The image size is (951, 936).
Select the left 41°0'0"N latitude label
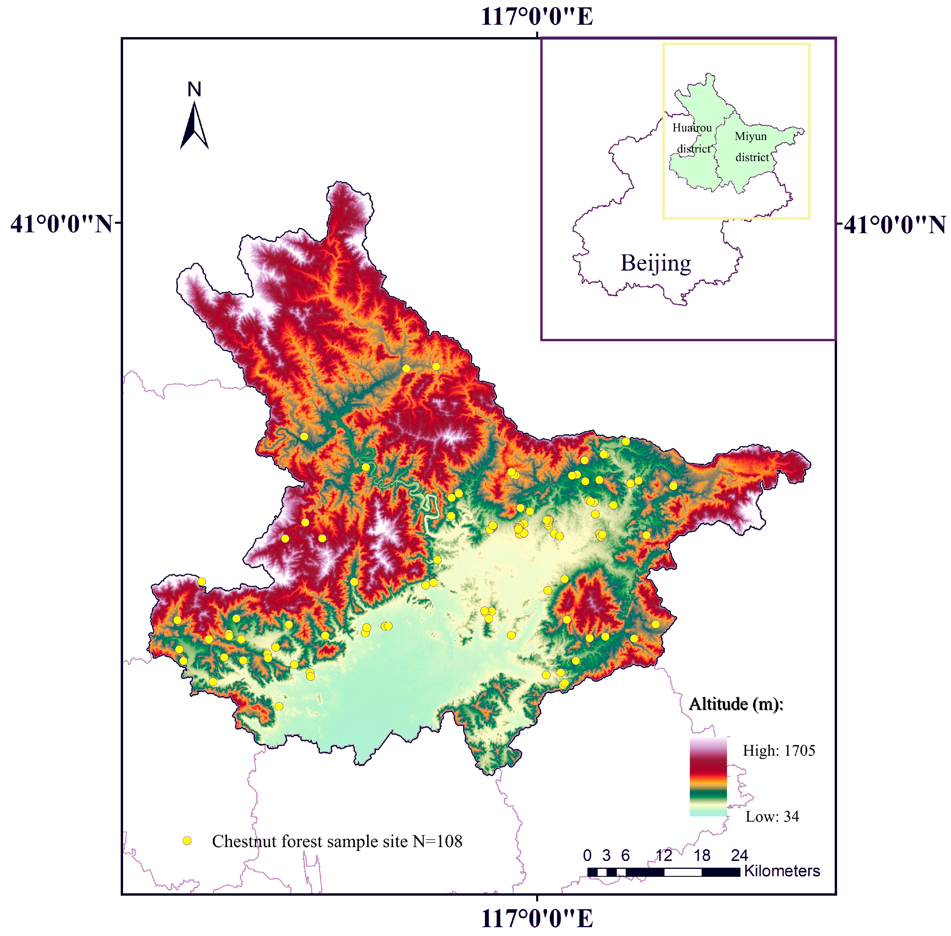62,224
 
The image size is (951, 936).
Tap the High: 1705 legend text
778,751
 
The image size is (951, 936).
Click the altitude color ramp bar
708,777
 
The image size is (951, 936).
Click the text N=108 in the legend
437,841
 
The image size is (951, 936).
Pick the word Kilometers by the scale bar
781,871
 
